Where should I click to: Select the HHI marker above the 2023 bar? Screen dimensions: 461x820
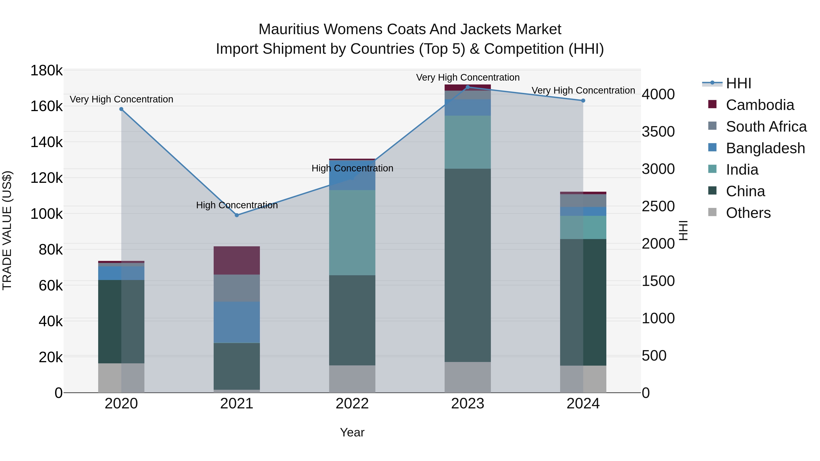point(468,87)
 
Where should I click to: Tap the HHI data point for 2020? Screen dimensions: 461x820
point(121,109)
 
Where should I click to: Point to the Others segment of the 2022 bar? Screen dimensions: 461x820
point(352,379)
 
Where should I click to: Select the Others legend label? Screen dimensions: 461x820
point(748,213)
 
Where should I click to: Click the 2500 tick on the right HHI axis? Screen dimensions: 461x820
point(658,206)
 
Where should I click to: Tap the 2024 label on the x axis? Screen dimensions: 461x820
point(583,404)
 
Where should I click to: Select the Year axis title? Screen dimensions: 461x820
point(352,432)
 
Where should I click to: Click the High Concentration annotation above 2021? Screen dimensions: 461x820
point(237,205)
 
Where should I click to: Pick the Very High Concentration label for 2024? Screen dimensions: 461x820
point(583,90)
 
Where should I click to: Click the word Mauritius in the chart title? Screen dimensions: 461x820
point(288,29)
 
